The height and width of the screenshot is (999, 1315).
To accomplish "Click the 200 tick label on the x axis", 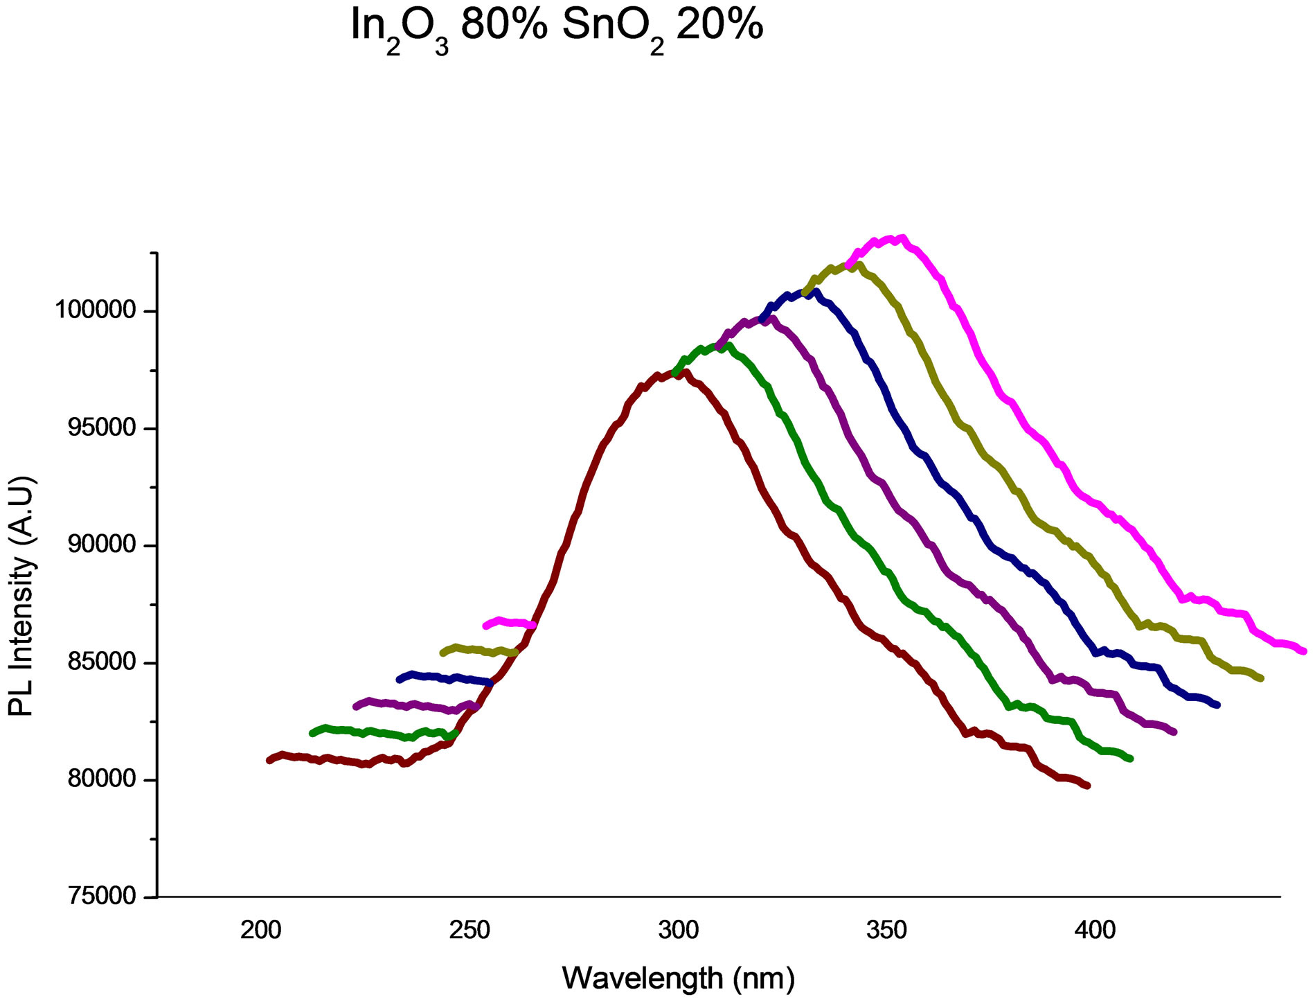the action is [x=261, y=930].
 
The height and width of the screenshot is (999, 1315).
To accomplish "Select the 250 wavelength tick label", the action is [x=469, y=930].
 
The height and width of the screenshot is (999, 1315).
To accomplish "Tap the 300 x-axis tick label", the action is [x=679, y=930].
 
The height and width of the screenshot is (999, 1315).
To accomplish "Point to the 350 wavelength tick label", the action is [x=887, y=930].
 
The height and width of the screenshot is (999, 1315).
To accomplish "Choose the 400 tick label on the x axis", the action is [x=1096, y=930].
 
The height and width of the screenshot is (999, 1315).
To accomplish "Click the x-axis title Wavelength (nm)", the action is [x=679, y=978].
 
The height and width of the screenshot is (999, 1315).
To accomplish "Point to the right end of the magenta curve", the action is [x=1304, y=651].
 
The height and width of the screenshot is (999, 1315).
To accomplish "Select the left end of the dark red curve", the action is [x=269, y=760].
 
